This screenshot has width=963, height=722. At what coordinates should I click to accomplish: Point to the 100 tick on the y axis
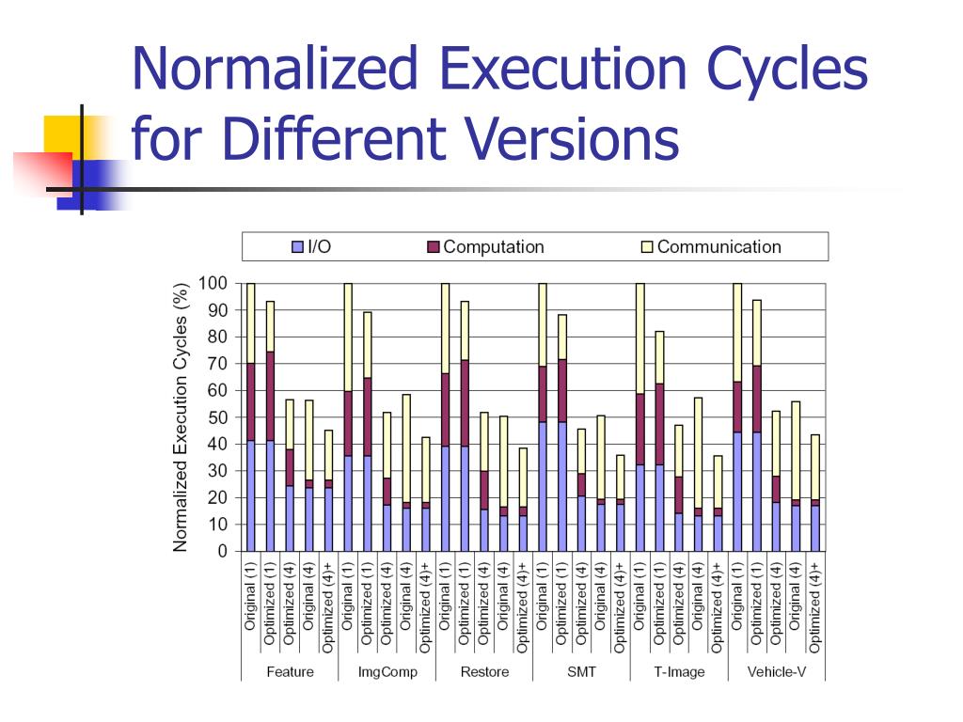[x=213, y=283]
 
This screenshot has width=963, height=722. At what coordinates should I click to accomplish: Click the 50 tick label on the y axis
[x=217, y=417]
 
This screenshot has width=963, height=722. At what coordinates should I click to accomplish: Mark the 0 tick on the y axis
[x=222, y=552]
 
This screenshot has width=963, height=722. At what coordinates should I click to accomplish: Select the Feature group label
[x=290, y=672]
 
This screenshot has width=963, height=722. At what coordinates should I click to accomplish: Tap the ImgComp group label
[x=387, y=672]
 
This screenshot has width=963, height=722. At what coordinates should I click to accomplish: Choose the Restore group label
[x=484, y=672]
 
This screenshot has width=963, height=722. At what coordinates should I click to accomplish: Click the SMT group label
[x=581, y=672]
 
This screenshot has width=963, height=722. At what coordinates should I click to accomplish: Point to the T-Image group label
[x=679, y=672]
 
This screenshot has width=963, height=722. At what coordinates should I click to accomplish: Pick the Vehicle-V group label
[x=776, y=672]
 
